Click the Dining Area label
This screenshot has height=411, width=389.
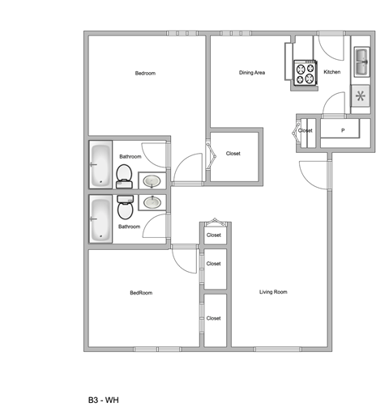tap(252, 73)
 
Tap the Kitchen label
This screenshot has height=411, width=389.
tap(332, 72)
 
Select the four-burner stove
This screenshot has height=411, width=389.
tap(305, 74)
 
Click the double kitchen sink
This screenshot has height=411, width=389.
tap(361, 58)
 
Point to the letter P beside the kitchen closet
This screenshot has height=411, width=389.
tap(343, 130)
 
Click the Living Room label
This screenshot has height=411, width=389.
tap(273, 292)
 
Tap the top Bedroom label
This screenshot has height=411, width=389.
tap(145, 74)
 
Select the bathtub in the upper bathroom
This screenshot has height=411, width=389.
tap(100, 165)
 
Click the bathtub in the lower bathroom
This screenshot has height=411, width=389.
tap(100, 219)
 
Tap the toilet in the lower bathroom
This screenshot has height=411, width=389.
tap(126, 208)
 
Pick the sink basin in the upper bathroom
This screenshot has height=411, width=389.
tap(152, 181)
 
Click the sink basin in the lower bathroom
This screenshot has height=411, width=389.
tap(152, 201)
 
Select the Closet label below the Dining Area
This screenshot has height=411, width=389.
tap(233, 154)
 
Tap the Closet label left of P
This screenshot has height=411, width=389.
tap(306, 130)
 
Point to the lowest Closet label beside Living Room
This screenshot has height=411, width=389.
tap(214, 318)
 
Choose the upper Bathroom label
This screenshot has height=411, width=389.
tap(130, 155)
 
